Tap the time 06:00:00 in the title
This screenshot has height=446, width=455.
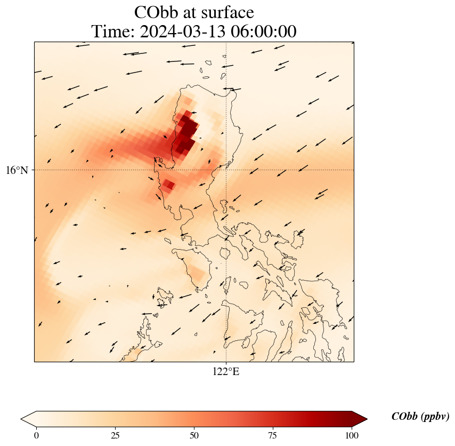(265, 32)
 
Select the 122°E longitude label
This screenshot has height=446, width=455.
(226, 372)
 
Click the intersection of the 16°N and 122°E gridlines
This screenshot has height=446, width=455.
(226, 170)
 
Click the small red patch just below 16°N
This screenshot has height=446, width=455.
(168, 185)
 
